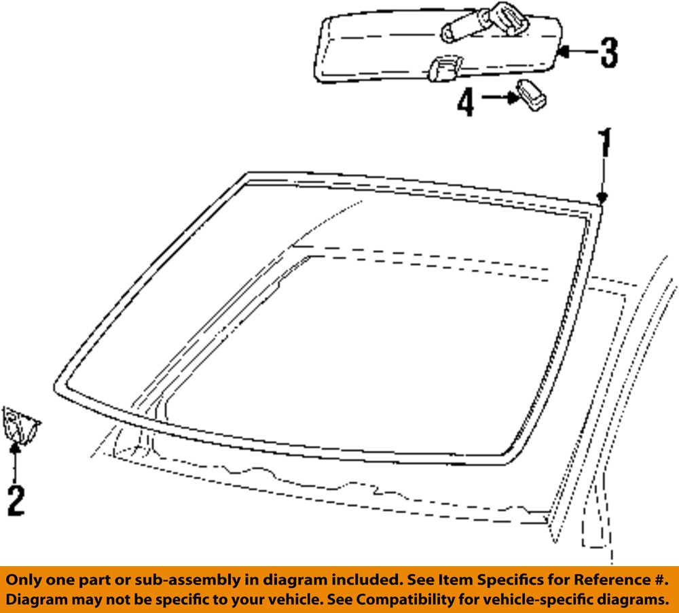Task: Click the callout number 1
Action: click(x=604, y=143)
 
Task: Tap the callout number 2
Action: click(x=16, y=501)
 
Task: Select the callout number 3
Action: click(x=609, y=52)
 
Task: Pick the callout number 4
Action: click(x=466, y=103)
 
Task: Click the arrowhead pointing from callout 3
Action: click(x=562, y=51)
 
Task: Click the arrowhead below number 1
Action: click(x=602, y=198)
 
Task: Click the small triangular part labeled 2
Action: click(x=20, y=425)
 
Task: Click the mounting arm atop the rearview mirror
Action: click(x=485, y=22)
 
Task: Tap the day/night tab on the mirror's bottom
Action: click(x=445, y=68)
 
